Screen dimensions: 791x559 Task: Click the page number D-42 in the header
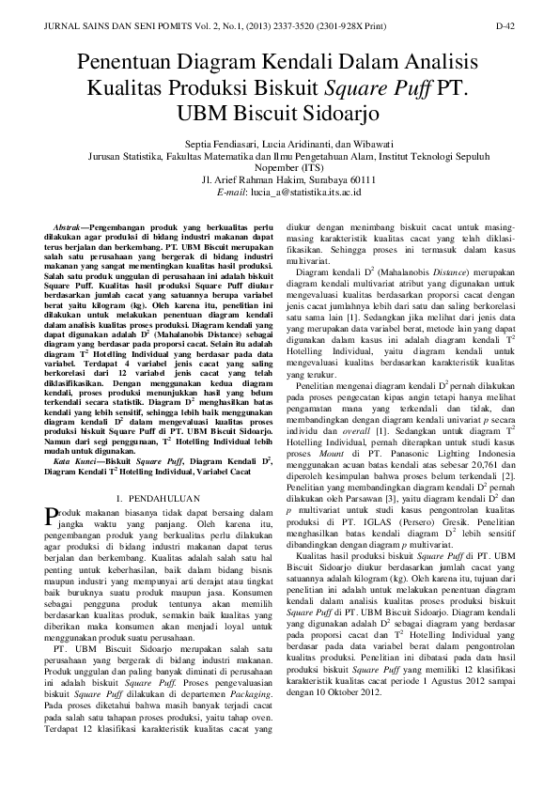(505, 28)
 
